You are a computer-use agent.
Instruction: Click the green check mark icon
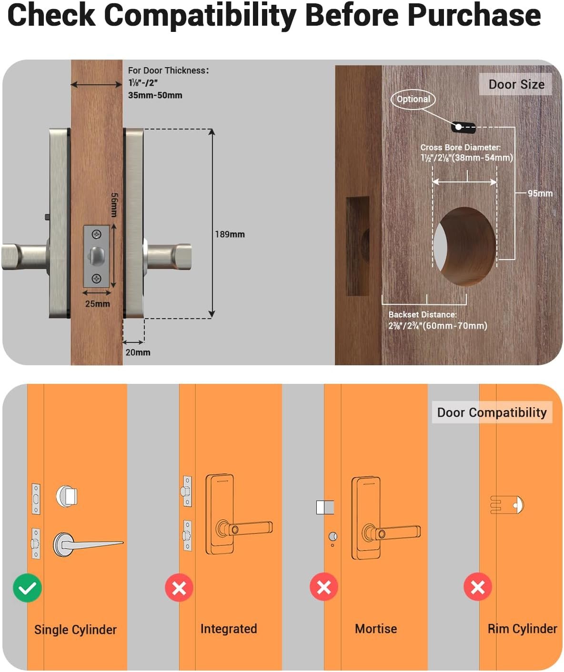pos(27,588)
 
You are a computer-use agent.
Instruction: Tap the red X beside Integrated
pos(179,588)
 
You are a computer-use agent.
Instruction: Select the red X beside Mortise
pos(324,587)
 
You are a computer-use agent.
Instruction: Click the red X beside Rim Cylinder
pos(478,587)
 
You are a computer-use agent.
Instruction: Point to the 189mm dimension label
pos(230,234)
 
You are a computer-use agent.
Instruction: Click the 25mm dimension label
pos(98,304)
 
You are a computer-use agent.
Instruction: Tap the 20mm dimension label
pos(138,352)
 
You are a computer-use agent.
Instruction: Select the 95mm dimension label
pos(540,193)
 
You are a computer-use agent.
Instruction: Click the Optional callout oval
pos(413,99)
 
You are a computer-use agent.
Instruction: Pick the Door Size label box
pos(516,84)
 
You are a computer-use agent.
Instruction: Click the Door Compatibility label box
pos(492,412)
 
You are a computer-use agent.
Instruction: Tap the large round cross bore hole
pos(464,247)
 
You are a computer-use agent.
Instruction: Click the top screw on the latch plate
pos(97,235)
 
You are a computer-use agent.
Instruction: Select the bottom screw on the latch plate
pos(97,279)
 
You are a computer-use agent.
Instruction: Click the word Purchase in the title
pos(474,15)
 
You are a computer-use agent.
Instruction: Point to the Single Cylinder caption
pos(75,630)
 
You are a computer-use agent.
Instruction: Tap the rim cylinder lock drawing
pos(507,505)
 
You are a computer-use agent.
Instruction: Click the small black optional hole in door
pos(463,127)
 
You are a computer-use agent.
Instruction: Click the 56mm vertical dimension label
pos(114,205)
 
